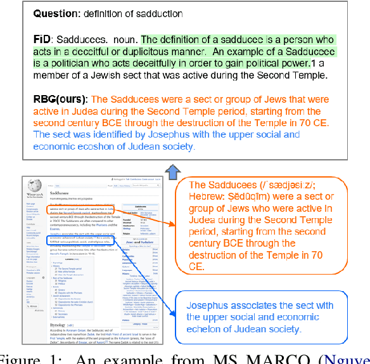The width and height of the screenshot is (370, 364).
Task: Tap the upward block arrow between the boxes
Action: (173, 169)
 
